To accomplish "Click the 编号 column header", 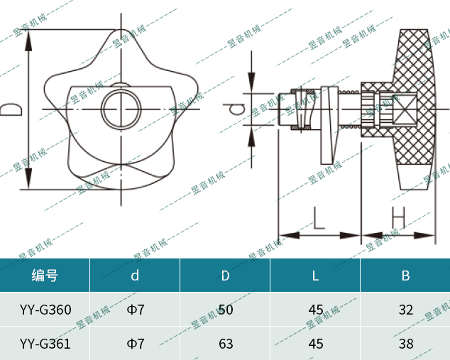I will click(45, 276).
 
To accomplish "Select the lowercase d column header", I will click(135, 276).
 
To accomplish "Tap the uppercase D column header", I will click(225, 276).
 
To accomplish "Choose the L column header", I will click(315, 276).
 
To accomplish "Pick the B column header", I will click(405, 276).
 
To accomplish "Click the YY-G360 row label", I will click(45, 310).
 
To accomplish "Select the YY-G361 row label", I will click(45, 344).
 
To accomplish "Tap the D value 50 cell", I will click(225, 310).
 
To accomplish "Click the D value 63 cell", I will click(225, 344).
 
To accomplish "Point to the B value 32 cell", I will click(405, 310).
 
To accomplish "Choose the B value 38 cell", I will click(405, 344).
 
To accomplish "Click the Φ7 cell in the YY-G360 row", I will click(135, 310).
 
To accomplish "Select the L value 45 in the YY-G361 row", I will click(315, 344).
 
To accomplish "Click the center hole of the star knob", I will click(121, 109).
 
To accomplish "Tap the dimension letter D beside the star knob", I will click(9, 109).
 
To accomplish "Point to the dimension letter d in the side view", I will click(237, 109).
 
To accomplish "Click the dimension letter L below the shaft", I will click(317, 217).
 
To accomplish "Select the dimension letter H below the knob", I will click(398, 217).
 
